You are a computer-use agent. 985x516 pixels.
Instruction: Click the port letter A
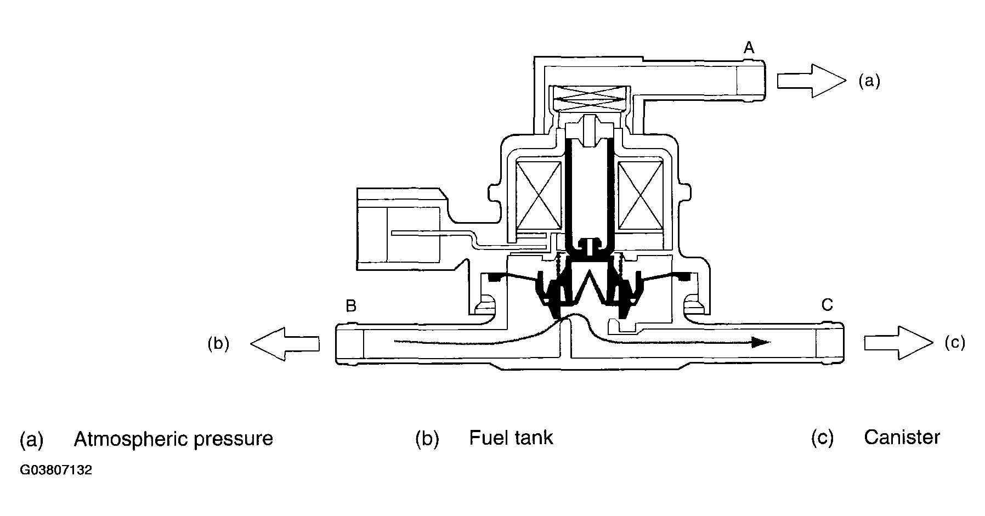coord(749,48)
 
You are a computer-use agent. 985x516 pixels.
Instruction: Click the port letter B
coord(351,306)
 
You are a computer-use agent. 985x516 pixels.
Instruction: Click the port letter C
coord(827,304)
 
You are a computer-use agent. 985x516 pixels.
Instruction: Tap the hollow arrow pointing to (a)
coord(812,81)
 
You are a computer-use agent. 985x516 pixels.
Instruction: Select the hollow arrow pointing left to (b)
coord(285,343)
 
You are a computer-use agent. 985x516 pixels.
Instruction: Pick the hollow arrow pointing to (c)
coord(898,343)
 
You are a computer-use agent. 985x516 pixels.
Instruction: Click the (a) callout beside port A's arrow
coord(869,82)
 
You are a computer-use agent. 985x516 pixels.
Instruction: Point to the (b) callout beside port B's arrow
coord(218,344)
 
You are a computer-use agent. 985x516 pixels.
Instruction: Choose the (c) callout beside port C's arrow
coord(955,343)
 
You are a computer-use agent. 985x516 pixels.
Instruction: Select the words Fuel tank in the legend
coord(511,438)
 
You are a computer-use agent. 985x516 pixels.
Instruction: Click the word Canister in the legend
coord(902,437)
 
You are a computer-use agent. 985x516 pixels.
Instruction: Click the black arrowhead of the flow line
coord(761,342)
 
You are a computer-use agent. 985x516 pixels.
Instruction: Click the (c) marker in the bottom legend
coord(822,438)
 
